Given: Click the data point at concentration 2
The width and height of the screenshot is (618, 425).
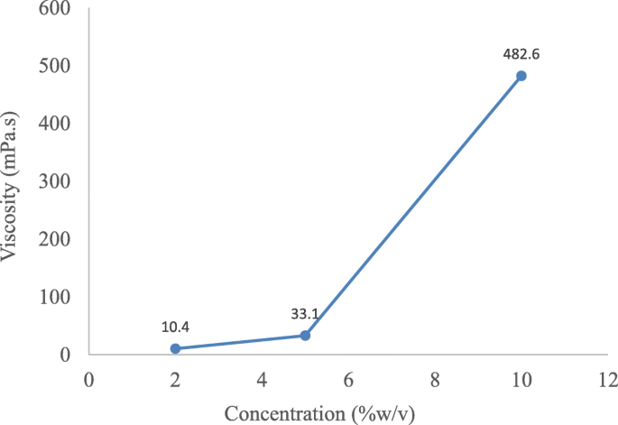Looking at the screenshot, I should (175, 348).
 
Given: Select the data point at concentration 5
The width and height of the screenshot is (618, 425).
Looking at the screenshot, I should (305, 335).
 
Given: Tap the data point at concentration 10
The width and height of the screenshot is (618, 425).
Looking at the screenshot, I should (521, 76).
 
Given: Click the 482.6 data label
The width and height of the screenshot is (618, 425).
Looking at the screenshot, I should (521, 54).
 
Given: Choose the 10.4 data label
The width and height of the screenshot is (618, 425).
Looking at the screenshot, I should (175, 326).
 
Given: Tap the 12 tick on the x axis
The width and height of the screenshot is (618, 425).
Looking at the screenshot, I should (607, 379).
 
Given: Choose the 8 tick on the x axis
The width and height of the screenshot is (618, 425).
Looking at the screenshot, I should (435, 379).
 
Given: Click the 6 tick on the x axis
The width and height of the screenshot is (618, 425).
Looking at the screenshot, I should (348, 379).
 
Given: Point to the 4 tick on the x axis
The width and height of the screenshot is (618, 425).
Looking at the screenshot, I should (262, 379).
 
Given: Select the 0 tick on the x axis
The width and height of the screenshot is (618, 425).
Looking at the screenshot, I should (88, 379).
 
